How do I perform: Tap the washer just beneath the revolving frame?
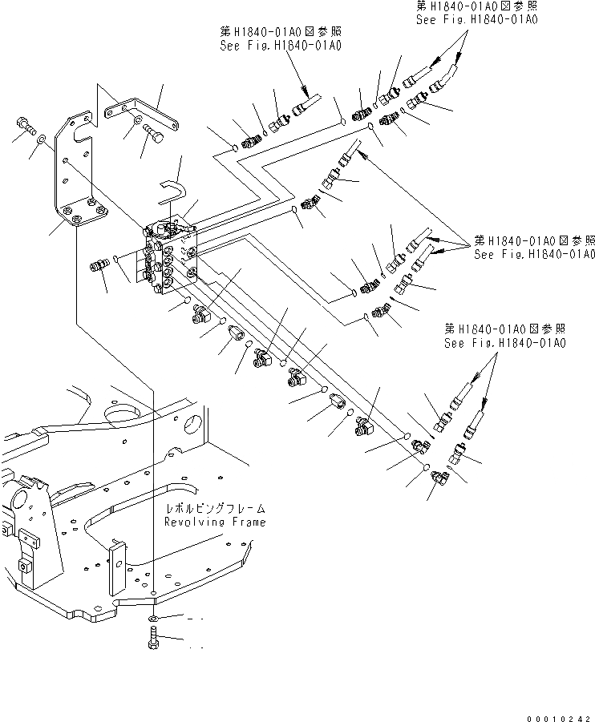click(152, 620)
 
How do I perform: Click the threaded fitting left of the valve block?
click(100, 264)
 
